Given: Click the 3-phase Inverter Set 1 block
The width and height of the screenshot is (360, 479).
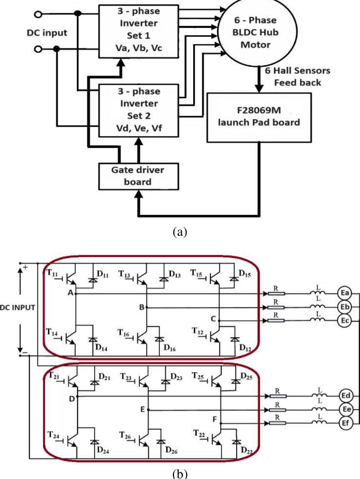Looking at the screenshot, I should tap(138, 31).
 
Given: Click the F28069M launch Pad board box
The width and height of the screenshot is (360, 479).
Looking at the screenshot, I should tap(259, 117).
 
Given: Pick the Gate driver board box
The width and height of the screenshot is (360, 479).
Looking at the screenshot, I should tap(138, 176).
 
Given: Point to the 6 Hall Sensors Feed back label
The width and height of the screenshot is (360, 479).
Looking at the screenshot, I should tap(297, 77).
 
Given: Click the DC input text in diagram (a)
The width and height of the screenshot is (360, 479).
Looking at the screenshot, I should tap(47, 33).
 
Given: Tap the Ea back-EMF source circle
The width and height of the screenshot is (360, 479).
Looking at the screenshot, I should tap(345, 293).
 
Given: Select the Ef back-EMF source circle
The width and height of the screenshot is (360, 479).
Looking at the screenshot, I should tap(345, 423).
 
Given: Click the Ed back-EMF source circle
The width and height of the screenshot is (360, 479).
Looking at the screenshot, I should tap(345, 396).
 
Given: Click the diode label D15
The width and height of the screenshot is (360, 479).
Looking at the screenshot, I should tap(245, 274).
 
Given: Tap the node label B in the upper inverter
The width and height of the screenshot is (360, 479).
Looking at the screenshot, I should tap(142, 307).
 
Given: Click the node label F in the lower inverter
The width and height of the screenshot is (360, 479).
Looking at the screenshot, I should tap(214, 419).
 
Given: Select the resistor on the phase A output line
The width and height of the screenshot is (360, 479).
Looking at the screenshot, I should tap(276, 294).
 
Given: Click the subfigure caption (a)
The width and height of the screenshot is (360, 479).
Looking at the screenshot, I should tap(180, 232).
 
